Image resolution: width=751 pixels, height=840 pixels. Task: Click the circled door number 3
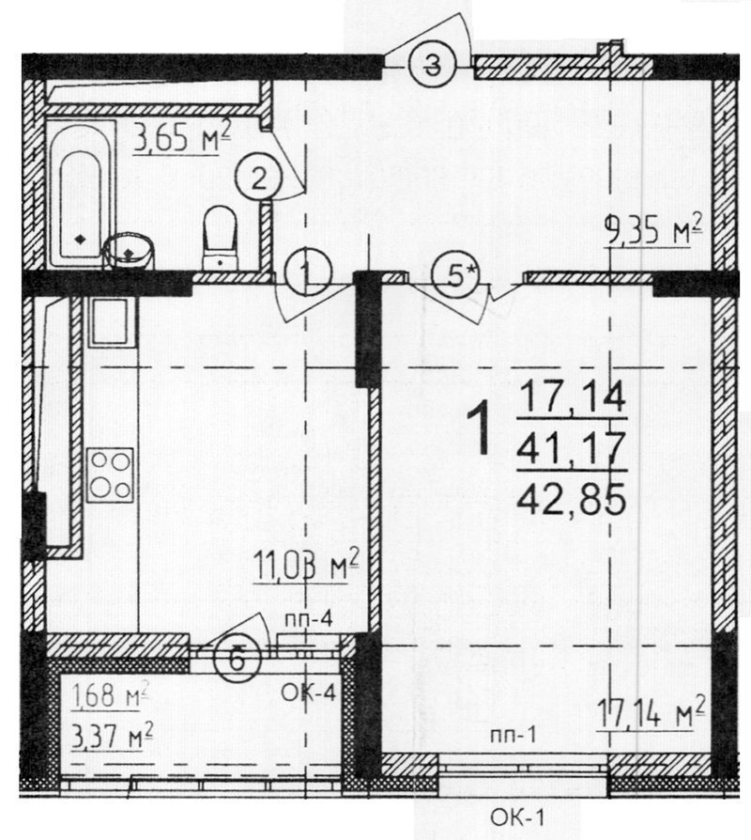pos(432,66)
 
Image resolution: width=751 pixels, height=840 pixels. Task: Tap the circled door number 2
pos(258,179)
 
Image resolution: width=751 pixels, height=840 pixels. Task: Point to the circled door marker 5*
pos(455,275)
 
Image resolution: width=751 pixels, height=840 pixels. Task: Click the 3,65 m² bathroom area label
pos(182,137)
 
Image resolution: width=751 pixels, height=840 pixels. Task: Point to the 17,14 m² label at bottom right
pos(651,712)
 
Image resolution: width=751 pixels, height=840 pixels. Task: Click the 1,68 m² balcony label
pos(110,696)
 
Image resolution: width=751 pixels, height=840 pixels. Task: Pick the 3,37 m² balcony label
pos(112,735)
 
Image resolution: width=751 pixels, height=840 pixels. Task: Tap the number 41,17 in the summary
pos(571,448)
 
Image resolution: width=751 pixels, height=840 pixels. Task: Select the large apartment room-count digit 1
pos(480,428)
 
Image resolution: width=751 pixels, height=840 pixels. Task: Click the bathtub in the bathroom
pos(81,194)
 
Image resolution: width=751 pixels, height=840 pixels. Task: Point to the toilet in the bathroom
pos(220,238)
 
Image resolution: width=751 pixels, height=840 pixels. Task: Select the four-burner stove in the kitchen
pos(110,475)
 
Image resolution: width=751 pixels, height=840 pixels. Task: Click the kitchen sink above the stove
pos(111,321)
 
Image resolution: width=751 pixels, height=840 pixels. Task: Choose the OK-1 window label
pos(517,817)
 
